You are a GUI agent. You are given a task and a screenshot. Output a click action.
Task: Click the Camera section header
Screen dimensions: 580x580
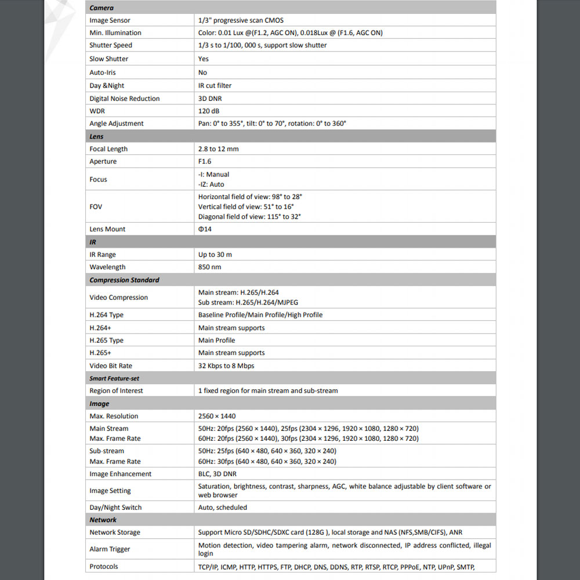(101, 8)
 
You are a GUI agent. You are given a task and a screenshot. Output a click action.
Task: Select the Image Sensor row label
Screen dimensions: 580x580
(110, 20)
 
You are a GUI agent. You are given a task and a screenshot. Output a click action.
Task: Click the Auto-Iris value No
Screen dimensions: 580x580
(202, 72)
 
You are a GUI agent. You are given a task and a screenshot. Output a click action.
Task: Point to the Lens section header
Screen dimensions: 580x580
(96, 136)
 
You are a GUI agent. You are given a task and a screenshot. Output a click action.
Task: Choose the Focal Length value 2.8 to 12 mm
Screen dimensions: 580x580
(218, 149)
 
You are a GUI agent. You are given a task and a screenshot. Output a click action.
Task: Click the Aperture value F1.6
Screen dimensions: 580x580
(205, 161)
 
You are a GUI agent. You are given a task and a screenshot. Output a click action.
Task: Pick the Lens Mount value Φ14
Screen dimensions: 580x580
(205, 229)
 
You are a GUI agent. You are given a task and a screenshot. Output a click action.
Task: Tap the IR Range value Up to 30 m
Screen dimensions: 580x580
(215, 255)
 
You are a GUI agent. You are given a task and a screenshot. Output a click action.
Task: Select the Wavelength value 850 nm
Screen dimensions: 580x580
(209, 267)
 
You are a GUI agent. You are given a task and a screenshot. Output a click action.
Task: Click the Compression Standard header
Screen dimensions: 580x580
(124, 280)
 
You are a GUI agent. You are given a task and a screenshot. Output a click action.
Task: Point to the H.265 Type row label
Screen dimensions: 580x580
(106, 340)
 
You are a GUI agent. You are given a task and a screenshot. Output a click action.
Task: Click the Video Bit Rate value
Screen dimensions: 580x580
(226, 366)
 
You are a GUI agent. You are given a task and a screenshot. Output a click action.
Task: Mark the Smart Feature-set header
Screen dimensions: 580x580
(114, 378)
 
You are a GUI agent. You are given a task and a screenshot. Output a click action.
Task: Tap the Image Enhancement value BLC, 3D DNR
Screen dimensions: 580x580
(217, 474)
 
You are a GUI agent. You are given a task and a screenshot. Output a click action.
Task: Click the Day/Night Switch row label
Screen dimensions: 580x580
(115, 507)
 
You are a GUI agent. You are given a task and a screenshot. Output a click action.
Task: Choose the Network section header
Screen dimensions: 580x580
(103, 520)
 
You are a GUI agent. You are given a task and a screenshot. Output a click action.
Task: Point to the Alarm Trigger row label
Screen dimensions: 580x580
(110, 549)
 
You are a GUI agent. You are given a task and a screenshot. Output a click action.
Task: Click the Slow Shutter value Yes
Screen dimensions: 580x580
(204, 59)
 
